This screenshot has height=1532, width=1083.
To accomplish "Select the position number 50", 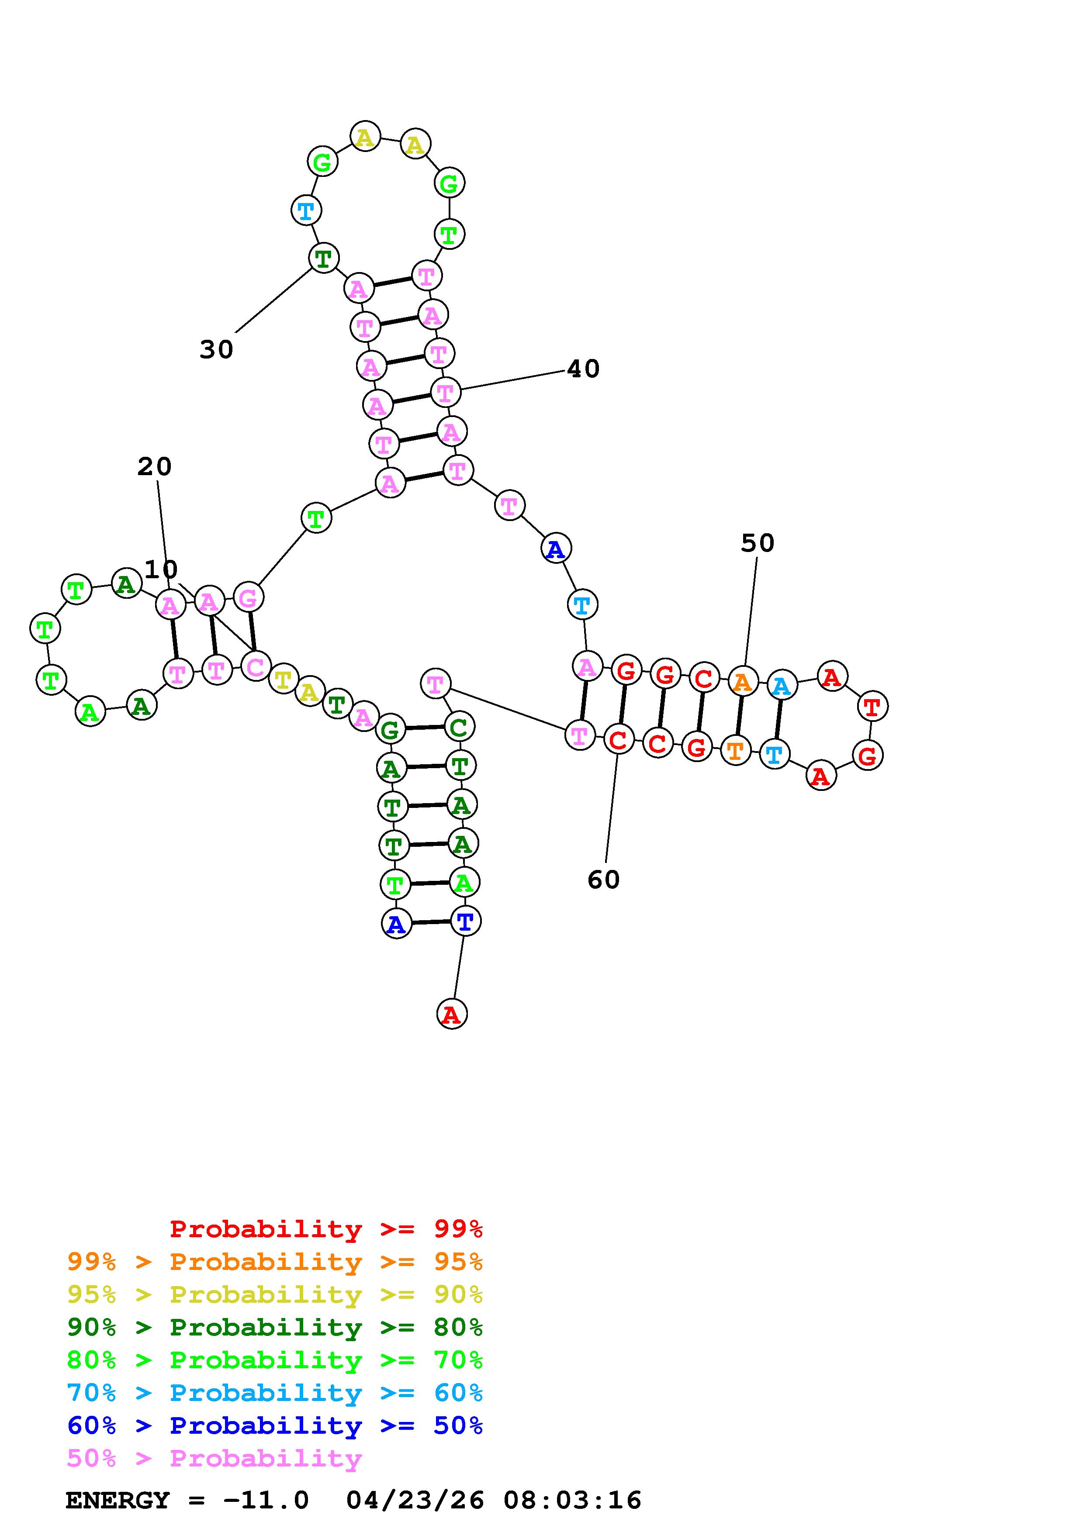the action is coord(758,543).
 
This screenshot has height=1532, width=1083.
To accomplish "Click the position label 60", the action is coord(603,880).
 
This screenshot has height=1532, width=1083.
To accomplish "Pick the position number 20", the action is coord(154,466).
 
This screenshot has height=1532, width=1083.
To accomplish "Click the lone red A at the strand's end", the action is coord(452,1014).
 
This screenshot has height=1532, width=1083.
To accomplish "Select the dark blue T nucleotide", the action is coord(465,921).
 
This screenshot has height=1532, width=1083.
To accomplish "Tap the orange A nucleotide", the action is coord(743,681).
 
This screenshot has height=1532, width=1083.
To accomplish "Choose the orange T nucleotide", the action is coord(735,751).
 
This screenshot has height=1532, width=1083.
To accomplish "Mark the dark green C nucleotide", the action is coord(458,727).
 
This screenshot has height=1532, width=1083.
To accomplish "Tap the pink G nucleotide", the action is coord(248,597).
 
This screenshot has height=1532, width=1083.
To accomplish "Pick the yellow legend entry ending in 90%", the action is coord(274,1294).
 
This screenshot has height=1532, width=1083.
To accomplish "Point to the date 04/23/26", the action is coord(415,1500).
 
